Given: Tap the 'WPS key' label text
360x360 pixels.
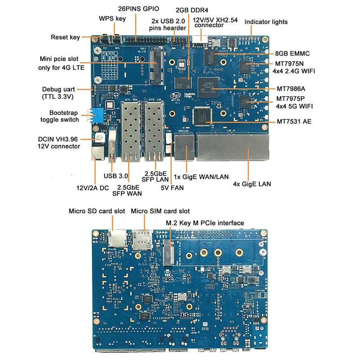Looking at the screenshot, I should (112, 18).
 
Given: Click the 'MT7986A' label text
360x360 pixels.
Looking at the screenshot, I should (291, 89).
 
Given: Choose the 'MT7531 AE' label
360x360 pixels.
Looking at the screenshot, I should (294, 121).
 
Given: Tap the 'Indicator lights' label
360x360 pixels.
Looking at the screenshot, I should (266, 22).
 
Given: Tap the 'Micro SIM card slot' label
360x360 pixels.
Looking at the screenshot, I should (160, 211).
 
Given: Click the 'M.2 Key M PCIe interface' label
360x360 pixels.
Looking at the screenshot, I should (205, 223).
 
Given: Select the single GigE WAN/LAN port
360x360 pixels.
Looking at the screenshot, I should (183, 147).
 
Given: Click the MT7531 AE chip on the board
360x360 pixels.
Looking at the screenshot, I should (202, 115).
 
